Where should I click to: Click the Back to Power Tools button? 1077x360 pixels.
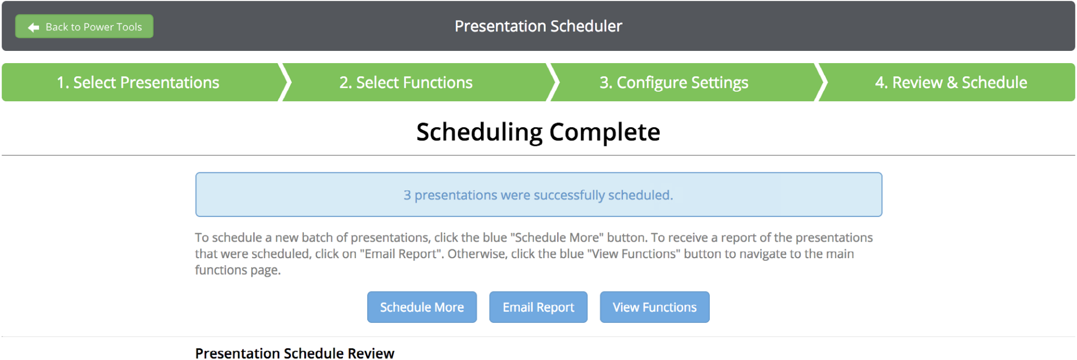[84, 27]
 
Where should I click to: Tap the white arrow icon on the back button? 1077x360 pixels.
[33, 27]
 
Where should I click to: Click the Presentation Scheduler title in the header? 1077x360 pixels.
[538, 26]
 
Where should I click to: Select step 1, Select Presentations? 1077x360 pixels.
[138, 82]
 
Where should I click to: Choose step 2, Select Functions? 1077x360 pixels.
[406, 82]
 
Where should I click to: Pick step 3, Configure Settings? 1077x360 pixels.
[674, 83]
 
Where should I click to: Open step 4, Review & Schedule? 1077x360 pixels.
[951, 82]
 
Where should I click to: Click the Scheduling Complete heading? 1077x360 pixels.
[538, 132]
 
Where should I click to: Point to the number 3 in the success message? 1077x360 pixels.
[407, 195]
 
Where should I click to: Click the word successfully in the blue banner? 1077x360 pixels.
[569, 195]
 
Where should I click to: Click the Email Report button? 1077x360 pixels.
[538, 307]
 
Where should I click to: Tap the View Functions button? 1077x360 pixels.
[655, 307]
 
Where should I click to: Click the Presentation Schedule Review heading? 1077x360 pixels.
[295, 354]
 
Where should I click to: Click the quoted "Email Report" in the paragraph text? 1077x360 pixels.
[401, 254]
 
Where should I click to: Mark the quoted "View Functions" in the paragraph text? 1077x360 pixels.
[633, 254]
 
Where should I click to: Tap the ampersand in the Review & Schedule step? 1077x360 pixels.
[952, 83]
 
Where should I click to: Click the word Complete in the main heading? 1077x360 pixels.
[605, 132]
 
